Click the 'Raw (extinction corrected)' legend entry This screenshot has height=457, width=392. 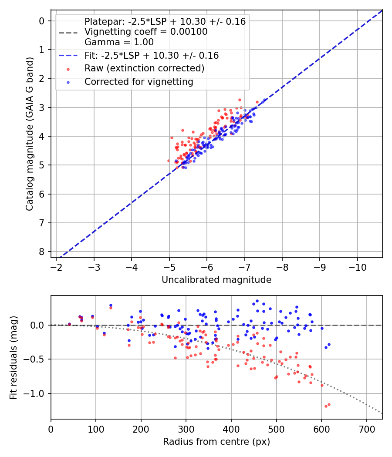click(144, 68)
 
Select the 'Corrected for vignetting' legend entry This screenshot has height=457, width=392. click(139, 81)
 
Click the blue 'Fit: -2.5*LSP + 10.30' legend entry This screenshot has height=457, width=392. click(151, 56)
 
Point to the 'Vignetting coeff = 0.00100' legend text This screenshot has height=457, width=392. click(145, 32)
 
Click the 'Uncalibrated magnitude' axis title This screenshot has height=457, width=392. click(216, 280)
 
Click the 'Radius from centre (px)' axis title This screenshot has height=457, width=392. click(216, 442)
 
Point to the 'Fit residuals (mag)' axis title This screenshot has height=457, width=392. click(14, 357)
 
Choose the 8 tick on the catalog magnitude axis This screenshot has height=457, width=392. click(42, 252)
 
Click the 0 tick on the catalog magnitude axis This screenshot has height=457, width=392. click(42, 21)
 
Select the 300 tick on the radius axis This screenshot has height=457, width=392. click(186, 428)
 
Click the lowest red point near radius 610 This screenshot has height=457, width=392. click(325, 406)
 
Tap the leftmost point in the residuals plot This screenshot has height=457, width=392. click(69, 324)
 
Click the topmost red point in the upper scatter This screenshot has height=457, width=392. click(240, 100)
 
